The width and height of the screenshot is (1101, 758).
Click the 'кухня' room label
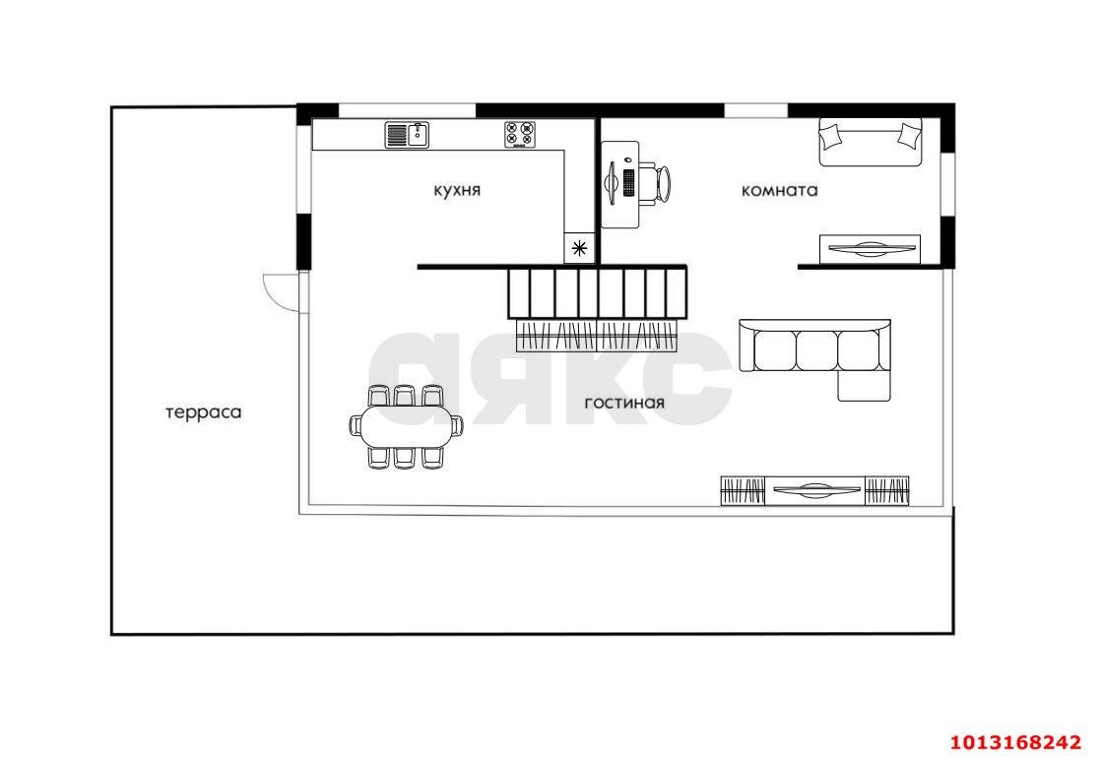point(457,190)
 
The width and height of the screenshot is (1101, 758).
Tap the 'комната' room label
point(779,190)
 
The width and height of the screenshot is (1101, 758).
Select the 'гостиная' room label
point(624,403)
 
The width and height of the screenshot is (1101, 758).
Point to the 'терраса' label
point(204,412)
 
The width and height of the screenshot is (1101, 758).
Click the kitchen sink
point(408,134)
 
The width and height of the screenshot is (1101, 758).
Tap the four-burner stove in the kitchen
point(520,135)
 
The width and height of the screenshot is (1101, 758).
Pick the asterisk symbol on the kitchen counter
point(580,248)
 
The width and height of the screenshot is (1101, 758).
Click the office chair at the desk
point(655,184)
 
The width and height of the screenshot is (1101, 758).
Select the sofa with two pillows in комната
point(871,143)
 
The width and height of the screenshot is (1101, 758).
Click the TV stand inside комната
point(870,249)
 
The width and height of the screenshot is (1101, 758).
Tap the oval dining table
point(407,426)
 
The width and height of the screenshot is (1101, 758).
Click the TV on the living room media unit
point(814,489)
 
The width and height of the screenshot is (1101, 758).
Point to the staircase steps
point(597,293)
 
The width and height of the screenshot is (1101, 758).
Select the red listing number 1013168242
point(1016,742)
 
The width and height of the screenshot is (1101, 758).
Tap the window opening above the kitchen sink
point(408,111)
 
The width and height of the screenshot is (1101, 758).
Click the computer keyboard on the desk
point(628,183)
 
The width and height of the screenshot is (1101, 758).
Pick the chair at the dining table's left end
point(355,426)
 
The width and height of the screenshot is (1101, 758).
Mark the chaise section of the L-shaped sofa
point(865,385)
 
